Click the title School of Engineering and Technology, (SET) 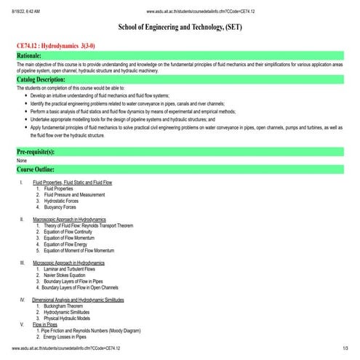180,27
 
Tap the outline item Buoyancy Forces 62,207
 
